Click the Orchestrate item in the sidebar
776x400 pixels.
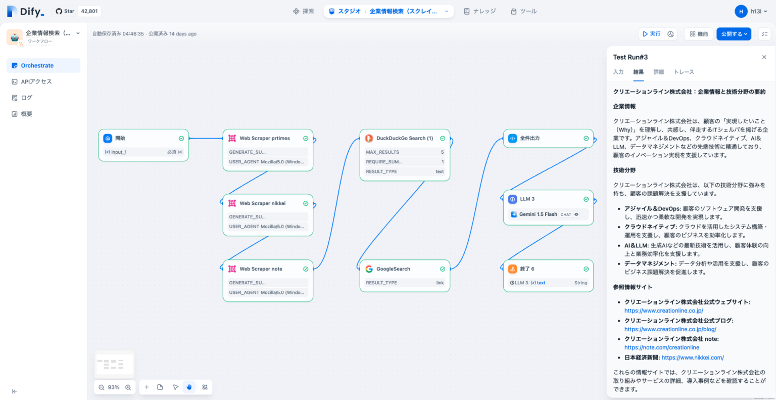pos(37,66)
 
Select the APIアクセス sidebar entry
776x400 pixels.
pos(36,81)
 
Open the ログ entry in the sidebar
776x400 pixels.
pos(26,98)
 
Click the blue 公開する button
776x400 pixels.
pos(733,34)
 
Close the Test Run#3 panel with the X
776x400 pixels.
pos(764,57)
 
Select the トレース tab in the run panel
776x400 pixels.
pos(684,72)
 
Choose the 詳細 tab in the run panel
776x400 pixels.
pos(658,72)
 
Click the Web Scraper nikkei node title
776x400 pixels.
pos(262,203)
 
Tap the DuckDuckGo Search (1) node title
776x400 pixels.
pos(404,138)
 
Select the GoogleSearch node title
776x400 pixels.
pos(393,269)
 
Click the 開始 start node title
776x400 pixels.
pos(120,138)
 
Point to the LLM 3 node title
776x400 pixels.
pos(527,199)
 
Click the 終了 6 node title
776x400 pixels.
pos(527,269)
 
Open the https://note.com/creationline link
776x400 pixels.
pos(662,347)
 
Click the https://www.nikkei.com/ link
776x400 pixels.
pos(693,358)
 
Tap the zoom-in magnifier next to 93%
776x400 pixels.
pos(128,387)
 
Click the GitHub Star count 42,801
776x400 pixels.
pos(89,11)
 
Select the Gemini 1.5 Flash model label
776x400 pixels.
pos(538,214)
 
